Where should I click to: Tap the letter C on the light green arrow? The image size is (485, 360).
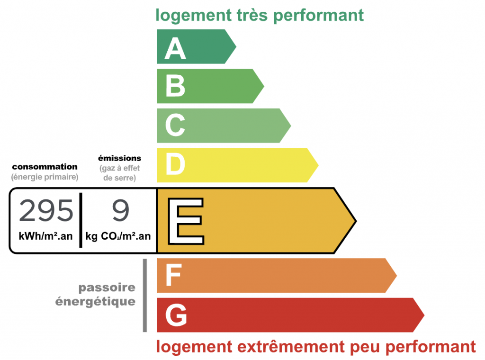pos(175,125)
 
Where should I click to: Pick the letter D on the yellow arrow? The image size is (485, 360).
pos(175,164)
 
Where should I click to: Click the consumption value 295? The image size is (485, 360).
pos(46,211)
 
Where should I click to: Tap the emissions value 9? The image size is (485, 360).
pos(120,211)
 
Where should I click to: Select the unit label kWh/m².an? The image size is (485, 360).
pos(46,236)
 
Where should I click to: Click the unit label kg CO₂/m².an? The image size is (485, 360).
pos(120,236)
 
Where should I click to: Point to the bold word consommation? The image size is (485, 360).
pos(45,167)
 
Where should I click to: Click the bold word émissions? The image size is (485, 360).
pos(119,158)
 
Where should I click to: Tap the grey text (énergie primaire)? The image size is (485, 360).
pos(45,177)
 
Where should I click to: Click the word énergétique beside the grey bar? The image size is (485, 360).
pos(95,301)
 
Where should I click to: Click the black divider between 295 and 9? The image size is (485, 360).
pos(81,220)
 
